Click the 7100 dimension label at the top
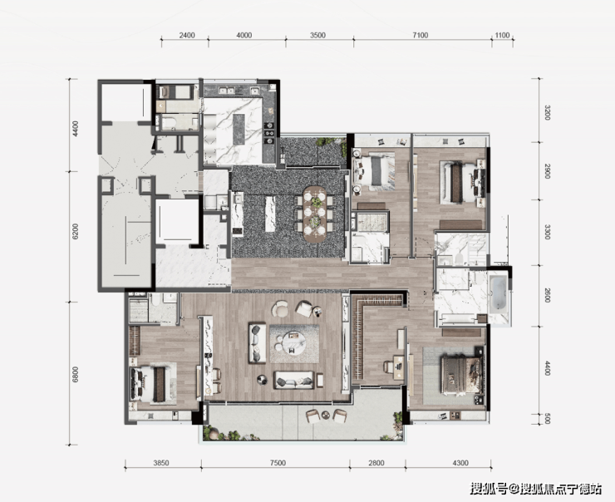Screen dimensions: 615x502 (x=420, y=35)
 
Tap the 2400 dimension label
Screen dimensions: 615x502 (x=187, y=35)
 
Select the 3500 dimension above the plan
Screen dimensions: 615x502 (x=317, y=35)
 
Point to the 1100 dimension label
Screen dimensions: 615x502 (x=502, y=35)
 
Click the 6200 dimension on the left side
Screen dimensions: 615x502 (x=76, y=231)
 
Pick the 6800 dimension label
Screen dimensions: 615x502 (x=76, y=375)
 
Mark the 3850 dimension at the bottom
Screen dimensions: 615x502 (x=160, y=463)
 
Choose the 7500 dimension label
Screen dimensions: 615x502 (x=278, y=463)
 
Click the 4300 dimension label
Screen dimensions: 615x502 (x=460, y=463)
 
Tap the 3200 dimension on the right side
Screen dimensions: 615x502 (x=548, y=112)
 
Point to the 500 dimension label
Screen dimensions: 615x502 (x=548, y=418)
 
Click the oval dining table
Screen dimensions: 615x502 (x=315, y=214)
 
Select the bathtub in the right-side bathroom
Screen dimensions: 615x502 (x=498, y=293)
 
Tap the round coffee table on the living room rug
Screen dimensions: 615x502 (x=293, y=343)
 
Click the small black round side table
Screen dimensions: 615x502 (x=262, y=379)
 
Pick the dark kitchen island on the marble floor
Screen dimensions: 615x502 (x=239, y=129)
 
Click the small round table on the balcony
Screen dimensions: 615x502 (x=326, y=415)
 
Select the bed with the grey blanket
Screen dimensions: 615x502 (x=375, y=171)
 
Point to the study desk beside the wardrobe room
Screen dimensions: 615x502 (x=399, y=367)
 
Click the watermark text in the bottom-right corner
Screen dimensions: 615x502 (x=536, y=489)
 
